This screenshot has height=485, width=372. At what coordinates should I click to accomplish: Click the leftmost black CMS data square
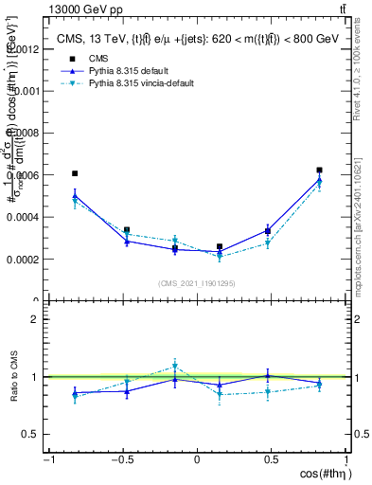coord(75,173)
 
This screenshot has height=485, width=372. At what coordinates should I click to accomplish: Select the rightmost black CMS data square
coord(320,171)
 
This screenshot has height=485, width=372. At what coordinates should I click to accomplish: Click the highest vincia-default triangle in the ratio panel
coord(175,367)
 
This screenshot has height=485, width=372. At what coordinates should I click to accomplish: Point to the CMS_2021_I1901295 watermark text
coord(197,283)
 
